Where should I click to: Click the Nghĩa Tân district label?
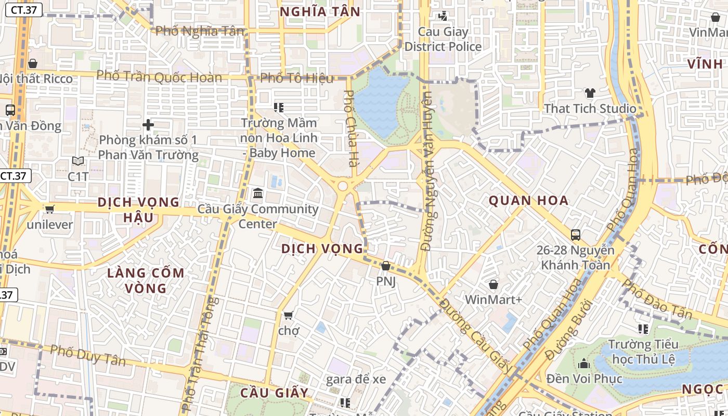click(x=320, y=11)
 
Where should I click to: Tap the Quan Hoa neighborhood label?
click(x=528, y=200)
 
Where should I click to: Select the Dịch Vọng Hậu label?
click(x=138, y=209)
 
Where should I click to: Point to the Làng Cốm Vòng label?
click(x=146, y=280)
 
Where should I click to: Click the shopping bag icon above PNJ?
click(x=386, y=266)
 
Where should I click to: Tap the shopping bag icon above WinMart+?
click(x=493, y=284)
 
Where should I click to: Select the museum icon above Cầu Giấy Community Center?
click(x=257, y=193)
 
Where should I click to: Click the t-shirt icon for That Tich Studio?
click(x=590, y=93)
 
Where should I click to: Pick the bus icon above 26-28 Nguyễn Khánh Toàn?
click(x=576, y=235)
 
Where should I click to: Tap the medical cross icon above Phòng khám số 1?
click(x=148, y=125)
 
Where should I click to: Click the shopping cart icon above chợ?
click(x=289, y=315)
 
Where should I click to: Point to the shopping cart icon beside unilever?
click(x=49, y=209)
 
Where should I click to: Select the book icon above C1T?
click(x=78, y=161)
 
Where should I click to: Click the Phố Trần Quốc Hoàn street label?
click(x=159, y=77)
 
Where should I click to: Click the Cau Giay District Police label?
click(x=443, y=39)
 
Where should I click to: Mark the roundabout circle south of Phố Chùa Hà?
click(x=342, y=186)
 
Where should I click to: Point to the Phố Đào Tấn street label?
click(x=657, y=300)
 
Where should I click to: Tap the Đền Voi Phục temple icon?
click(x=583, y=363)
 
